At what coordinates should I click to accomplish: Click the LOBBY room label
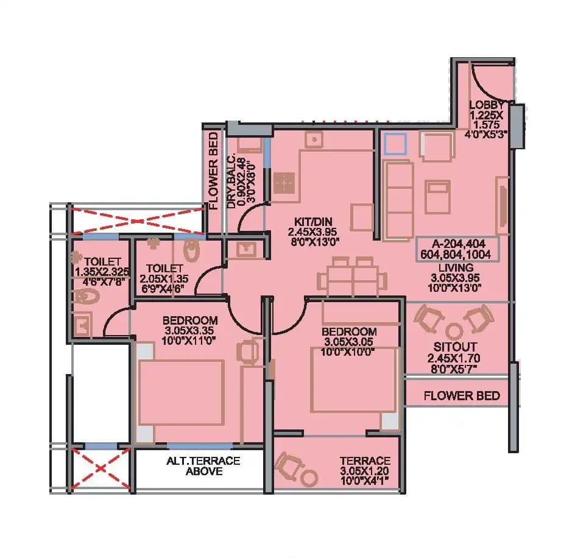[x=486, y=105]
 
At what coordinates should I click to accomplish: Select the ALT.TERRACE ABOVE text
[x=203, y=466]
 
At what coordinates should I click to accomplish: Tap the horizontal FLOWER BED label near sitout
[x=462, y=395]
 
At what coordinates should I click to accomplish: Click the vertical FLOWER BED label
[x=213, y=171]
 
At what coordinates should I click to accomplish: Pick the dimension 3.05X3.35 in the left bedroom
[x=189, y=330]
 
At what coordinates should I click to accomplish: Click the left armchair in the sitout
[x=429, y=319]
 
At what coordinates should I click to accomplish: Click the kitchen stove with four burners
[x=284, y=182]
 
